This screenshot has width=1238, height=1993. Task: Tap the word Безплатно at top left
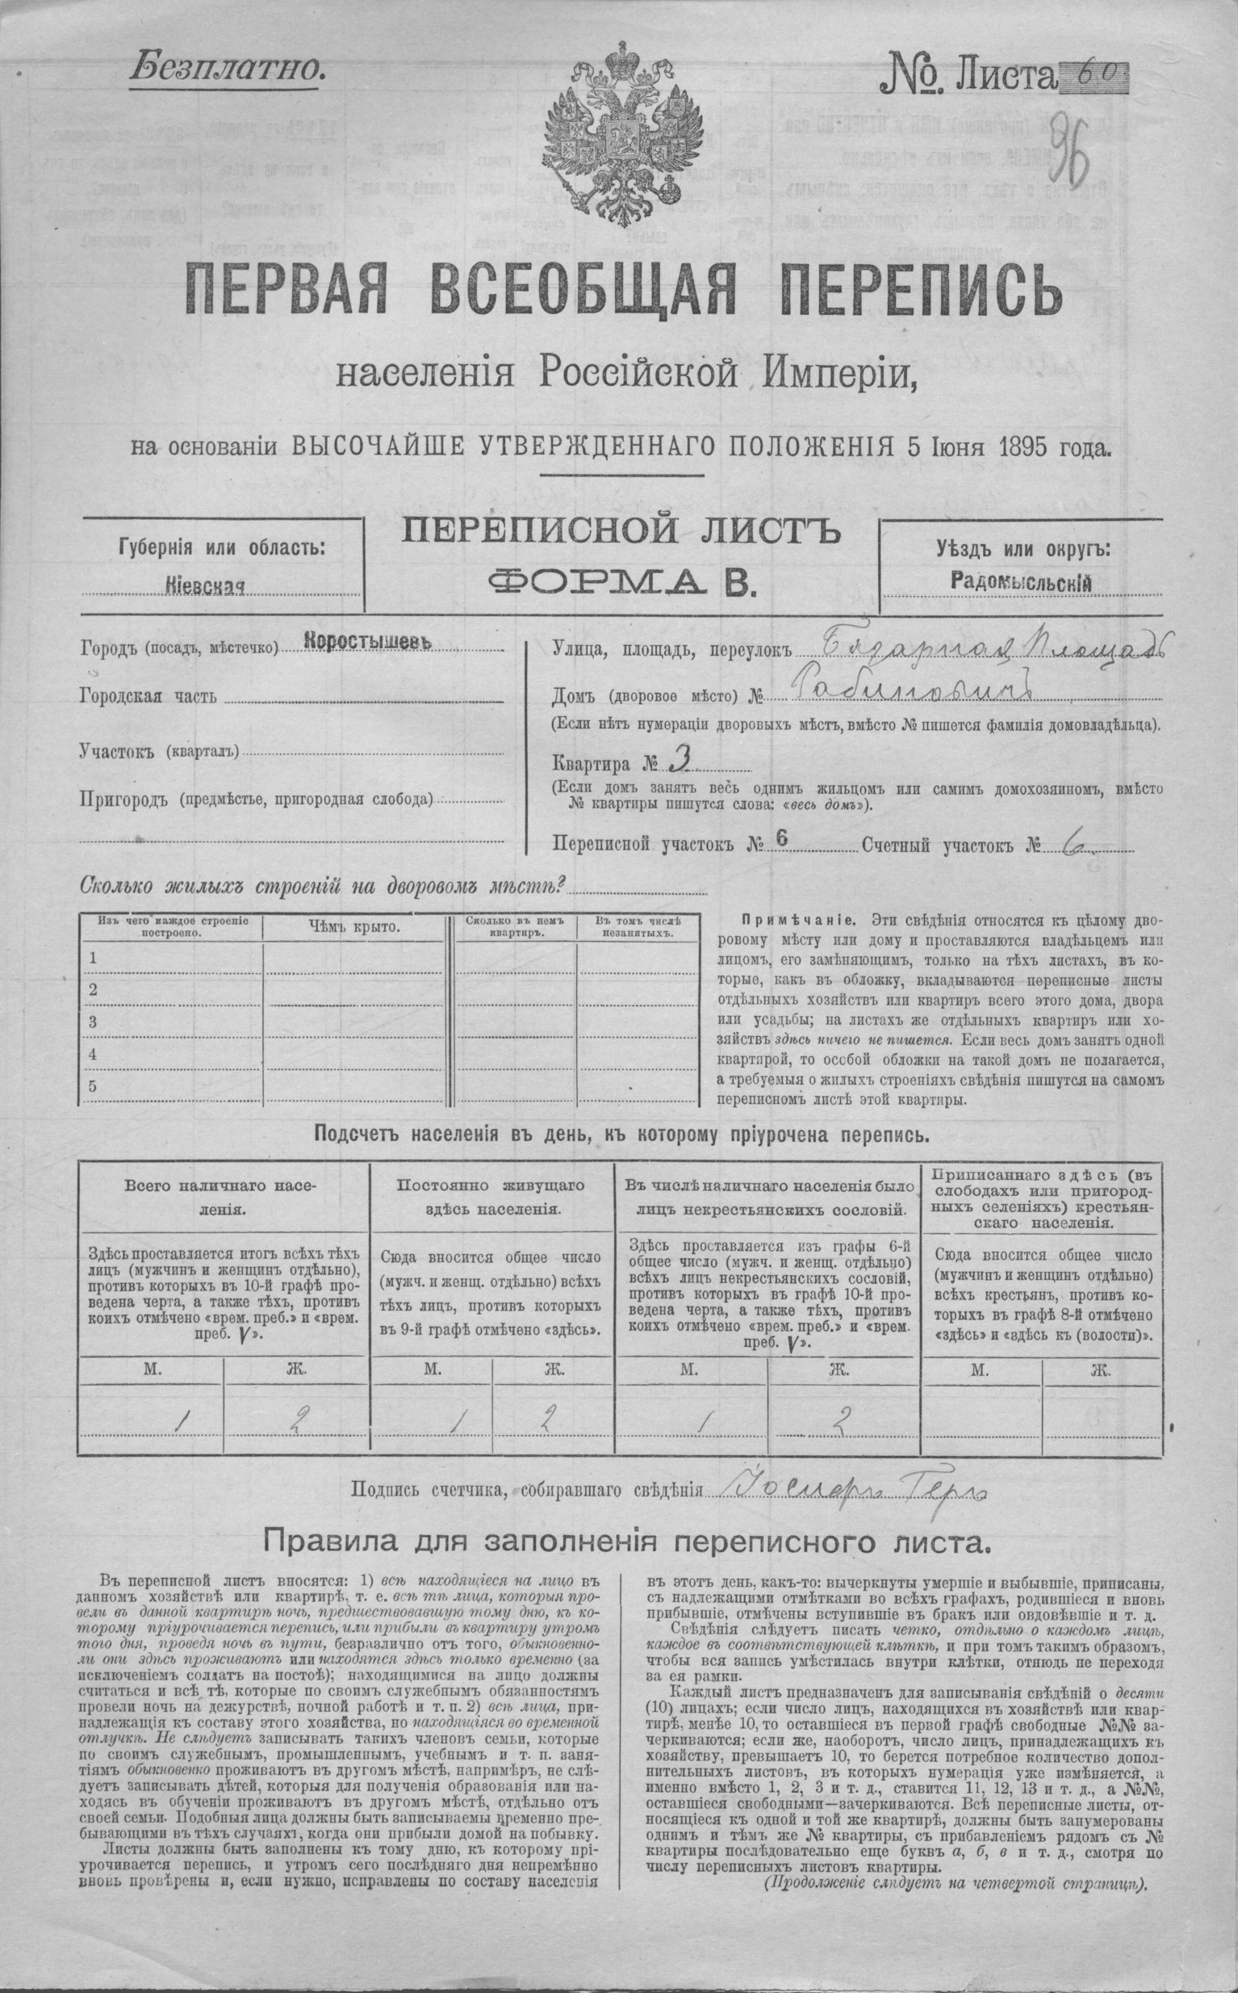click(x=225, y=69)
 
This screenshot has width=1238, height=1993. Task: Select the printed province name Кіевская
click(x=207, y=586)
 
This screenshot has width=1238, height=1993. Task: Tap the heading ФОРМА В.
click(x=620, y=581)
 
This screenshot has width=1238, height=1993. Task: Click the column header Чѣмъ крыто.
click(x=353, y=927)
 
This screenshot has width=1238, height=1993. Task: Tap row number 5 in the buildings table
click(x=94, y=1087)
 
